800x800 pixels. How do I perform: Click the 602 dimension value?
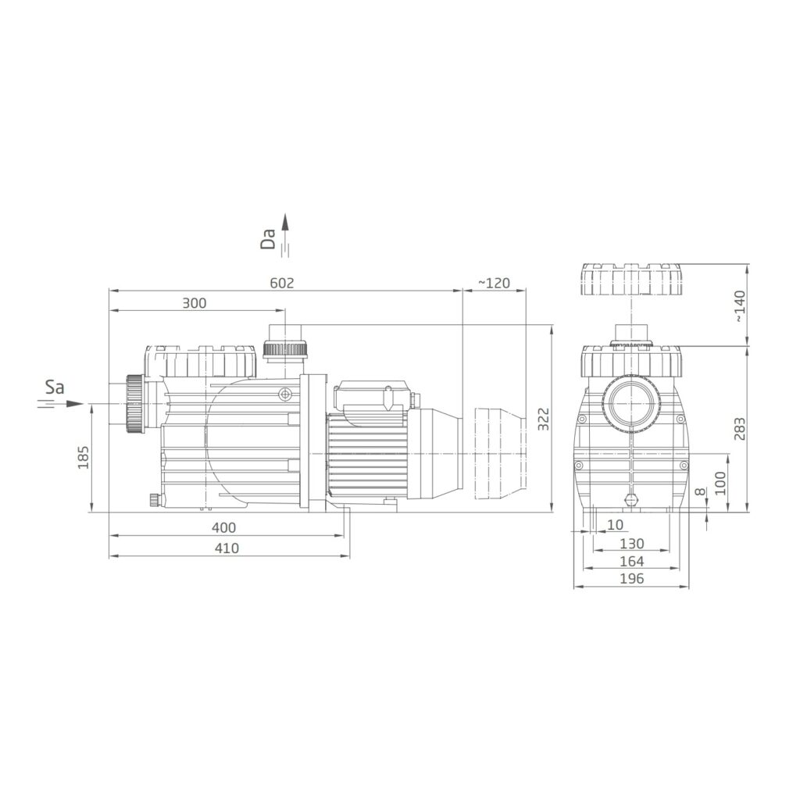pyautogui.click(x=282, y=284)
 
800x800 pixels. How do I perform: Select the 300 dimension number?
pyautogui.click(x=195, y=303)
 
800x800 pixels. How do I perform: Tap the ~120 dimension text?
pyautogui.click(x=494, y=284)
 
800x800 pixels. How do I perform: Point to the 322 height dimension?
pyautogui.click(x=544, y=419)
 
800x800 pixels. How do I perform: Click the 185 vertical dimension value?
pyautogui.click(x=84, y=457)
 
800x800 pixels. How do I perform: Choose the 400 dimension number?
pyautogui.click(x=224, y=528)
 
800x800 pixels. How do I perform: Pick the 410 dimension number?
pyautogui.click(x=227, y=548)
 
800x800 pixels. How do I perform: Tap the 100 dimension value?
pyautogui.click(x=720, y=483)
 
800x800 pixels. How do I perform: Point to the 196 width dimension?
pyautogui.click(x=631, y=579)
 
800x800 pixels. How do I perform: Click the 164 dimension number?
pyautogui.click(x=631, y=561)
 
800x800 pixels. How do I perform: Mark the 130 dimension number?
pyautogui.click(x=631, y=543)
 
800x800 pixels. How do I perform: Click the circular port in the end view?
pyautogui.click(x=630, y=403)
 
